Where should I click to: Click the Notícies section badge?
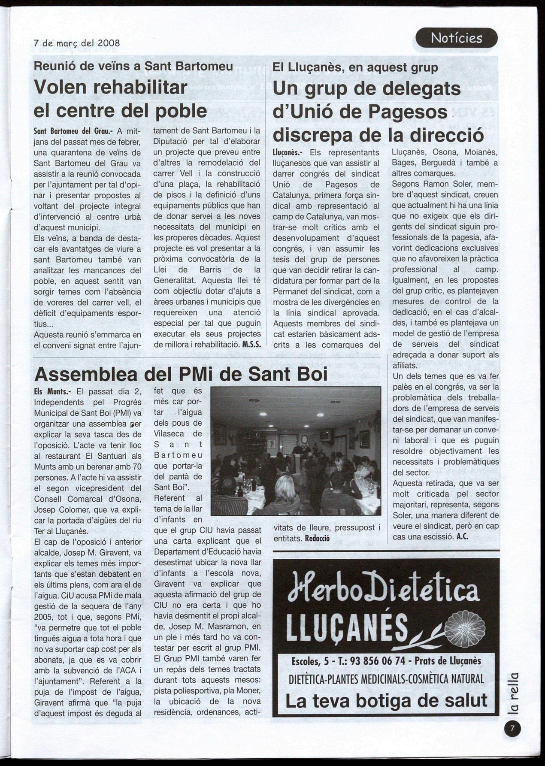pyautogui.click(x=457, y=38)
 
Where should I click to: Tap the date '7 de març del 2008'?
pyautogui.click(x=77, y=43)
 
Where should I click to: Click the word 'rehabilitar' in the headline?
pyautogui.click(x=140, y=87)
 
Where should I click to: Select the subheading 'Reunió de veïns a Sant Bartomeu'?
pyautogui.click(x=133, y=66)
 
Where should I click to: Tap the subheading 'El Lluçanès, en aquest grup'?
pyautogui.click(x=355, y=67)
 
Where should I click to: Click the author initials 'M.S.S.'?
pyautogui.click(x=251, y=345)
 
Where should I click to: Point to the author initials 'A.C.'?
pyautogui.click(x=462, y=536)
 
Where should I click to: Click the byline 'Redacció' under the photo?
pyautogui.click(x=317, y=538)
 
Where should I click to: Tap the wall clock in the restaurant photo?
pyautogui.click(x=304, y=439)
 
